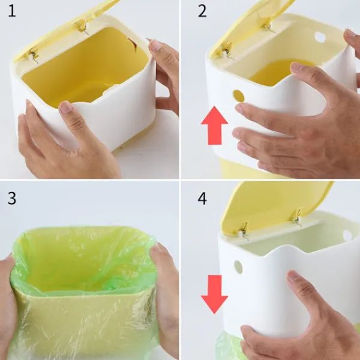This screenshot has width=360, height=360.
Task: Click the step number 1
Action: click(12, 11)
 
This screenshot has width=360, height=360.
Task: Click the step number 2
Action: click(202, 11)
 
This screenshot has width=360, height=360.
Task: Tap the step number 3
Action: click(12, 199)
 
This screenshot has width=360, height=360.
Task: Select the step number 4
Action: click(202, 199)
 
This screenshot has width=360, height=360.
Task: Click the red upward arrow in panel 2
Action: click(214, 125)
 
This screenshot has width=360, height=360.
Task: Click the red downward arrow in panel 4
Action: click(214, 295)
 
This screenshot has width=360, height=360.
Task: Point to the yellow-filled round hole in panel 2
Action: click(239, 96)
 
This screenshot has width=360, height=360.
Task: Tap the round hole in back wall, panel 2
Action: click(320, 37)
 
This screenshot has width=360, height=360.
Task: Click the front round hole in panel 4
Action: click(238, 267)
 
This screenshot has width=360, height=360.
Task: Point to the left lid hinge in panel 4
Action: click(244, 231)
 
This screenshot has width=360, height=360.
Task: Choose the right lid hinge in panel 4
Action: click(298, 217)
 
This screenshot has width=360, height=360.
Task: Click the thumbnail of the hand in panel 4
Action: click(292, 276)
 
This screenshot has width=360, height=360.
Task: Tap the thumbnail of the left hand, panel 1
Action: click(65, 107)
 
